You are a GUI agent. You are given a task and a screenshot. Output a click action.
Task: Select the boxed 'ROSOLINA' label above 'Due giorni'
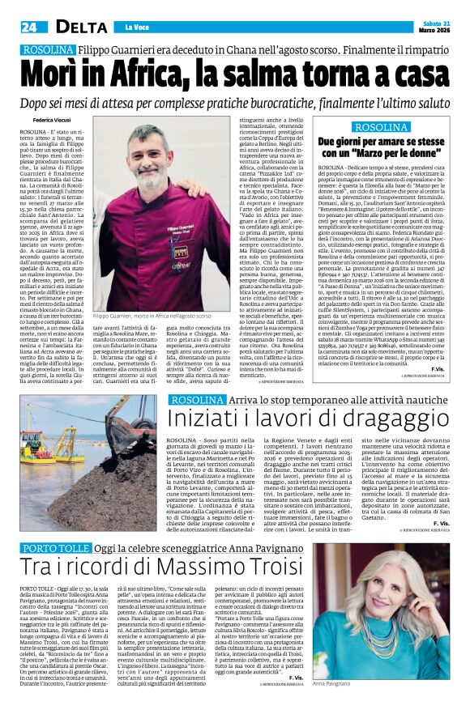383,127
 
